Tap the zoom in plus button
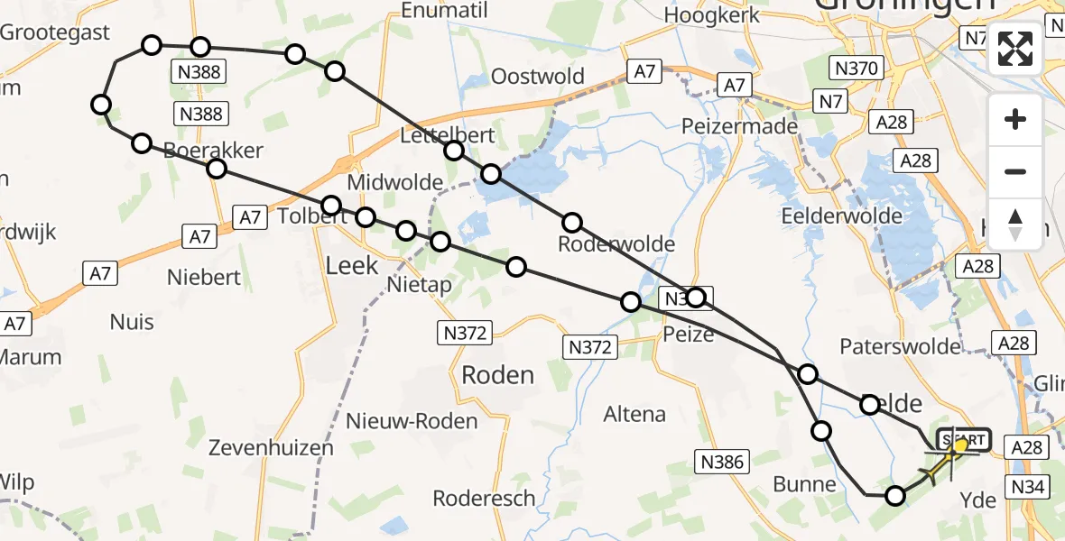[1015, 120]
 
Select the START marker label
[964, 439]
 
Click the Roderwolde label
[616, 244]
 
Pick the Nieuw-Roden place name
[412, 421]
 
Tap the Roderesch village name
[484, 499]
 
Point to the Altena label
[634, 415]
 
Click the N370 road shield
[855, 68]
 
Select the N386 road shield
[722, 463]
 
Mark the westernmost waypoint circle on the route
[101, 105]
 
